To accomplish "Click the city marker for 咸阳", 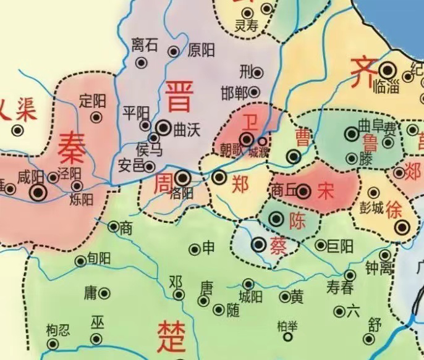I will pyautogui.click(x=39, y=192).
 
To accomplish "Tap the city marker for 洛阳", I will pyautogui.click(x=182, y=178).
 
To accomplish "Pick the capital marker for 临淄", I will pyautogui.click(x=388, y=71).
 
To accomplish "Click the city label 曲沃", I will pyautogui.click(x=187, y=128).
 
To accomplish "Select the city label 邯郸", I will pyautogui.click(x=235, y=93).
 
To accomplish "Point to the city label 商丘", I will pyautogui.click(x=282, y=191).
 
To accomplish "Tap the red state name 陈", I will pyautogui.click(x=297, y=220).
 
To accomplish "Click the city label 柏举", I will pyautogui.click(x=287, y=325).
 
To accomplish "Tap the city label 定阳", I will pyautogui.click(x=93, y=99).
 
